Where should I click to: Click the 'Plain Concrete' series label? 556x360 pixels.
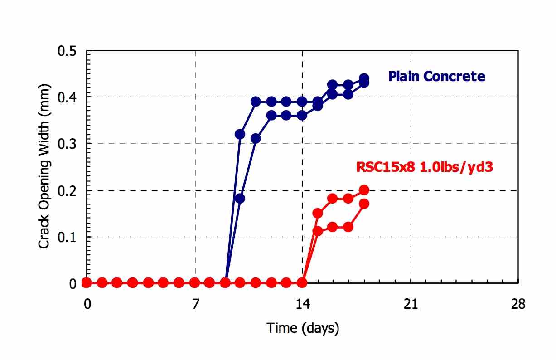[436, 76]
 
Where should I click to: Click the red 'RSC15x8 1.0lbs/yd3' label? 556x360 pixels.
[425, 167]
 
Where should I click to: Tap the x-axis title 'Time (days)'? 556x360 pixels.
[302, 327]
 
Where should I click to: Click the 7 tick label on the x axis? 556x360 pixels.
[196, 304]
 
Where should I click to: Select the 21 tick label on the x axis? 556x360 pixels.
[411, 304]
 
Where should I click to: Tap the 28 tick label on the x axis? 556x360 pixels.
[518, 304]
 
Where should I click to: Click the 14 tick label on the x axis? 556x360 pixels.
[303, 304]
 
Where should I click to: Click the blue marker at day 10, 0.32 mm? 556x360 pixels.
[240, 134]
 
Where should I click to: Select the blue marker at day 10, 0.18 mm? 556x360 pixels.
[240, 199]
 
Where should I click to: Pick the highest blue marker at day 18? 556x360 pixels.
[364, 78]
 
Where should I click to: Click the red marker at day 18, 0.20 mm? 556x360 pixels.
[364, 190]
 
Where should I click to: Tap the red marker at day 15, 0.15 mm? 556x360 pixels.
[318, 213]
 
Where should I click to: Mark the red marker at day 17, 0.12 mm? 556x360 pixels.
[348, 227]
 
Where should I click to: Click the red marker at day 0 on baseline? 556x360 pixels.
[87, 283]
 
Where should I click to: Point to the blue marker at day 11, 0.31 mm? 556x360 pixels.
[256, 138]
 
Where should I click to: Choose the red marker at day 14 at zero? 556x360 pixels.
[302, 283]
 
